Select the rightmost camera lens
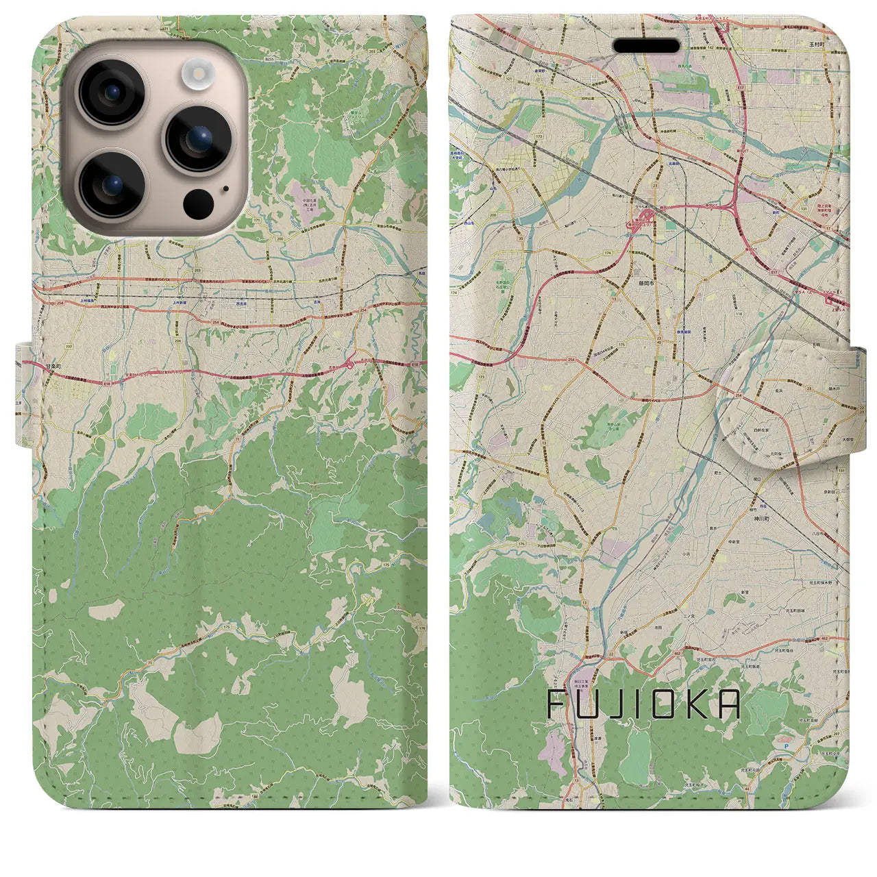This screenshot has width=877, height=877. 199,138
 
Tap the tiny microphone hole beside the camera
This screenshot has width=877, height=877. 225,190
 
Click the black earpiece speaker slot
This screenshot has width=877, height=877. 646,46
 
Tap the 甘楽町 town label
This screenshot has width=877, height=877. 54,368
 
